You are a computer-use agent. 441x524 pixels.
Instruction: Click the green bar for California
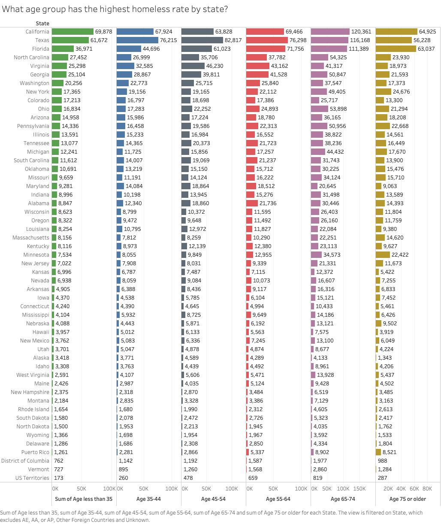(73, 31)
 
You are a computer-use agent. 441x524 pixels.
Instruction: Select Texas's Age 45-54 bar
(202, 40)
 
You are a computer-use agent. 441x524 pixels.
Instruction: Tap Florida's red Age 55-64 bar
(266, 48)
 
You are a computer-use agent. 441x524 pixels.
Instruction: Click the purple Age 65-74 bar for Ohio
(319, 109)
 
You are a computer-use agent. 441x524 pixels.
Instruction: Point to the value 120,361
(361, 32)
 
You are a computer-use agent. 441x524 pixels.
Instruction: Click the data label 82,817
(233, 40)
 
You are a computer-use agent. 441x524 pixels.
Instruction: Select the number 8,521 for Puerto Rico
(390, 452)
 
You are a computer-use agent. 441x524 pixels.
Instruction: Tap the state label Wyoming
(38, 435)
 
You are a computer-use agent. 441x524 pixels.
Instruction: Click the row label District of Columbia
(25, 460)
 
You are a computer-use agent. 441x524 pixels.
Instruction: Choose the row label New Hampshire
(30, 392)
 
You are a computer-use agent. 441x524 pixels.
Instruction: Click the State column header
(42, 23)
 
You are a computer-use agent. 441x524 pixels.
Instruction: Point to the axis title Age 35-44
(148, 499)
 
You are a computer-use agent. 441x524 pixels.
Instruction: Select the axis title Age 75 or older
(408, 499)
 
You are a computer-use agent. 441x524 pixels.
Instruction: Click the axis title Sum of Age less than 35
(84, 499)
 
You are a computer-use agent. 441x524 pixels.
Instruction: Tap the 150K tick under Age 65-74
(359, 489)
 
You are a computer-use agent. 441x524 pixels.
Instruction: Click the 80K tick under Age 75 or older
(427, 489)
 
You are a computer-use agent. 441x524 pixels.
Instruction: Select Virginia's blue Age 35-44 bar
(125, 66)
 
